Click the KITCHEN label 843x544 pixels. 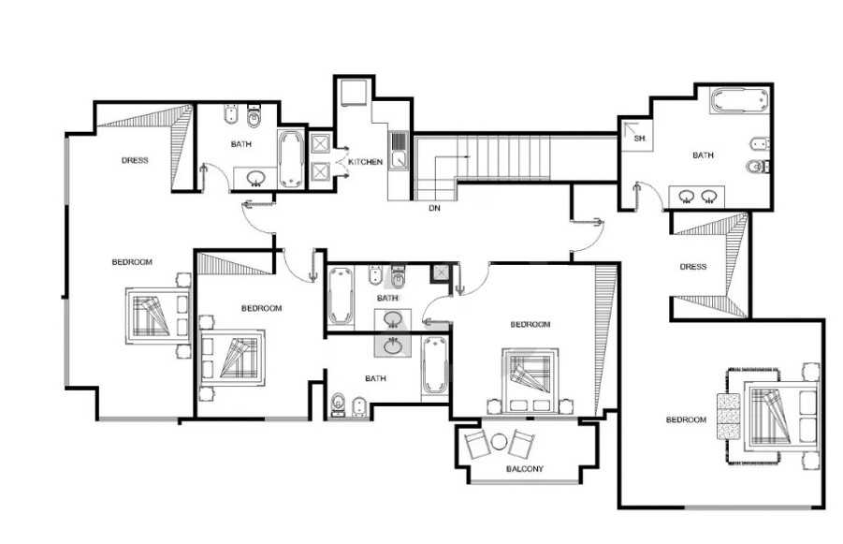[x=366, y=161]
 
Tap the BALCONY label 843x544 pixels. [x=525, y=469]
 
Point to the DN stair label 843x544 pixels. [x=434, y=207]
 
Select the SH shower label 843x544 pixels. [x=639, y=139]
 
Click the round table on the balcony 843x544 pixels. [x=499, y=442]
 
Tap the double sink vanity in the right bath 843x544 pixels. [x=697, y=197]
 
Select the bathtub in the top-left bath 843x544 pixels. [x=292, y=160]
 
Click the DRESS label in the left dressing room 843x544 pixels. [x=135, y=160]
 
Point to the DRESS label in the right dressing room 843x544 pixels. [x=693, y=267]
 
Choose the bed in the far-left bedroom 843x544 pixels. [x=158, y=316]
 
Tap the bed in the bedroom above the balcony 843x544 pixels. [x=530, y=380]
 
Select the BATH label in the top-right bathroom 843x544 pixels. [x=703, y=155]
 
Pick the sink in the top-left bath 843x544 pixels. [x=255, y=177]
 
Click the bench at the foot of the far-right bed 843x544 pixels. [x=729, y=417]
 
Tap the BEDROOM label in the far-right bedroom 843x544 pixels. [x=686, y=419]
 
